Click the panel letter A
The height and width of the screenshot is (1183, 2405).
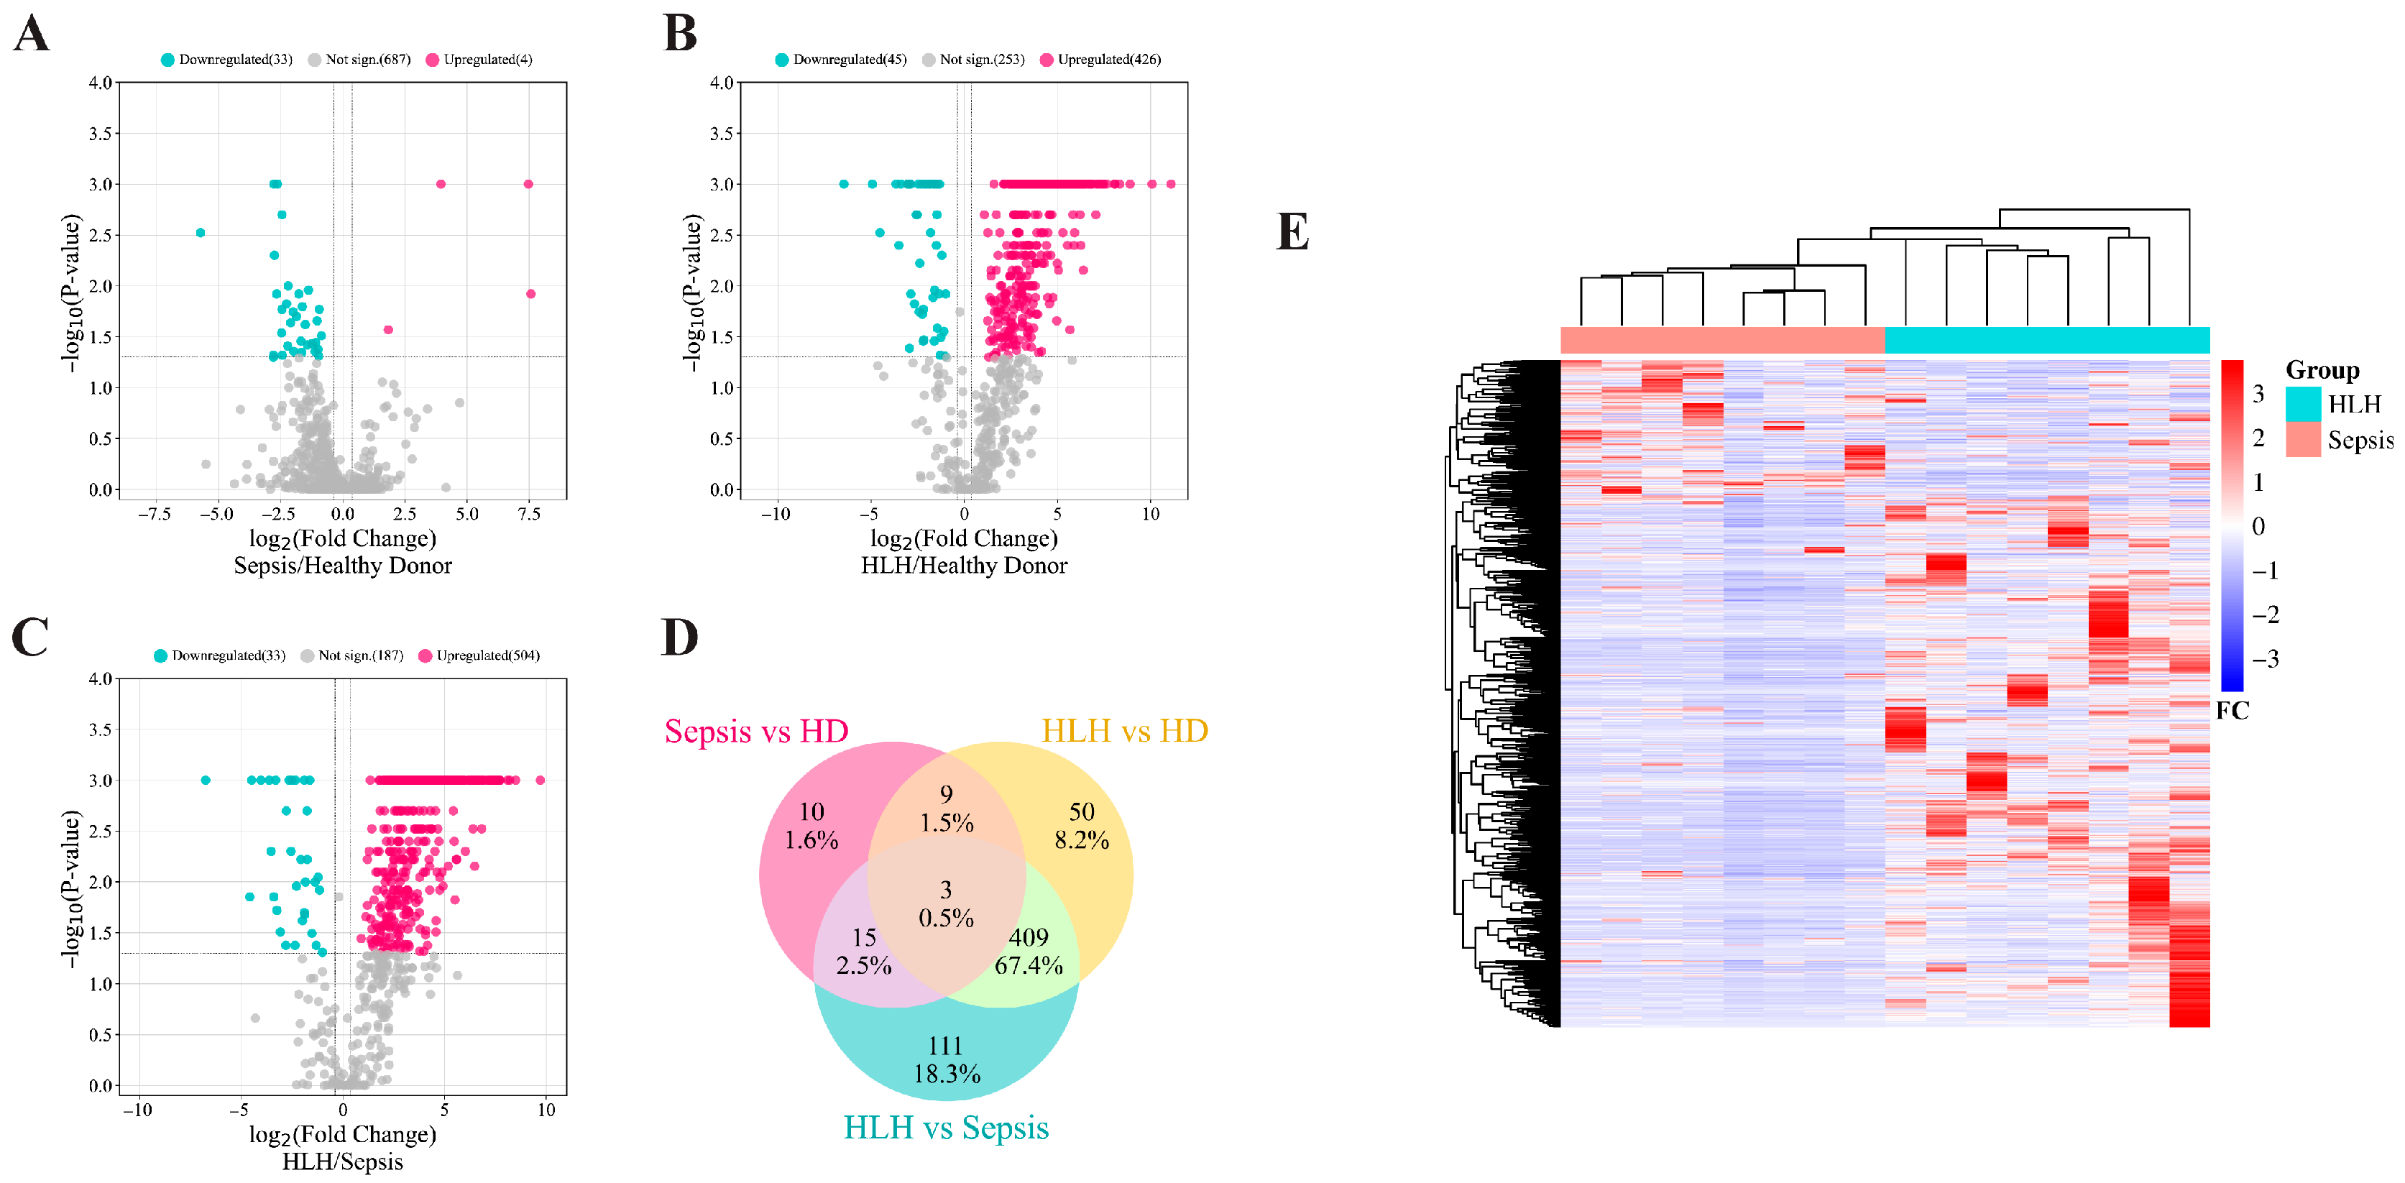[31, 34]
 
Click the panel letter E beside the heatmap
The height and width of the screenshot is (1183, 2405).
[1292, 231]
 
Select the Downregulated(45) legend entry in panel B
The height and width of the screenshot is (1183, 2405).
[840, 60]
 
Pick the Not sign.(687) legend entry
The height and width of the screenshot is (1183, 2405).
[359, 60]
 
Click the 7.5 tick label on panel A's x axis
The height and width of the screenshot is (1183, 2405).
[529, 514]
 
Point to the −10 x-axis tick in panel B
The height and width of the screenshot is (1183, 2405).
[775, 514]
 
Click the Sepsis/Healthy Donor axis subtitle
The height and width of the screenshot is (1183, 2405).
[343, 566]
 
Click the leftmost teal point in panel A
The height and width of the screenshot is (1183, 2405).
[200, 232]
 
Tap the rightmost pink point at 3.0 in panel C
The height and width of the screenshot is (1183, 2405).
[540, 780]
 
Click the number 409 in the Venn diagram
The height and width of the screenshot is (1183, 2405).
[1029, 936]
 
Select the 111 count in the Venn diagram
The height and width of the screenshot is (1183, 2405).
[946, 1046]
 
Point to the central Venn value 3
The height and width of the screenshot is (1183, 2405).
[946, 889]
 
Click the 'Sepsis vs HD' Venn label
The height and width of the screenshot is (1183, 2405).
[756, 731]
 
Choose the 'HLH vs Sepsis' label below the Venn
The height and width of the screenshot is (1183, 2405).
[946, 1128]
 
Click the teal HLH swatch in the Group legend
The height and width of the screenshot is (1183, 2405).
[2303, 403]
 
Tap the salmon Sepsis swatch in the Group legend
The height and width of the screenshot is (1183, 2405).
[2303, 440]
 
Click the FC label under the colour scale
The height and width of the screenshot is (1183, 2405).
[2232, 711]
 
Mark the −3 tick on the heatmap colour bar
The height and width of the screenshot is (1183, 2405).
[2265, 659]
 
